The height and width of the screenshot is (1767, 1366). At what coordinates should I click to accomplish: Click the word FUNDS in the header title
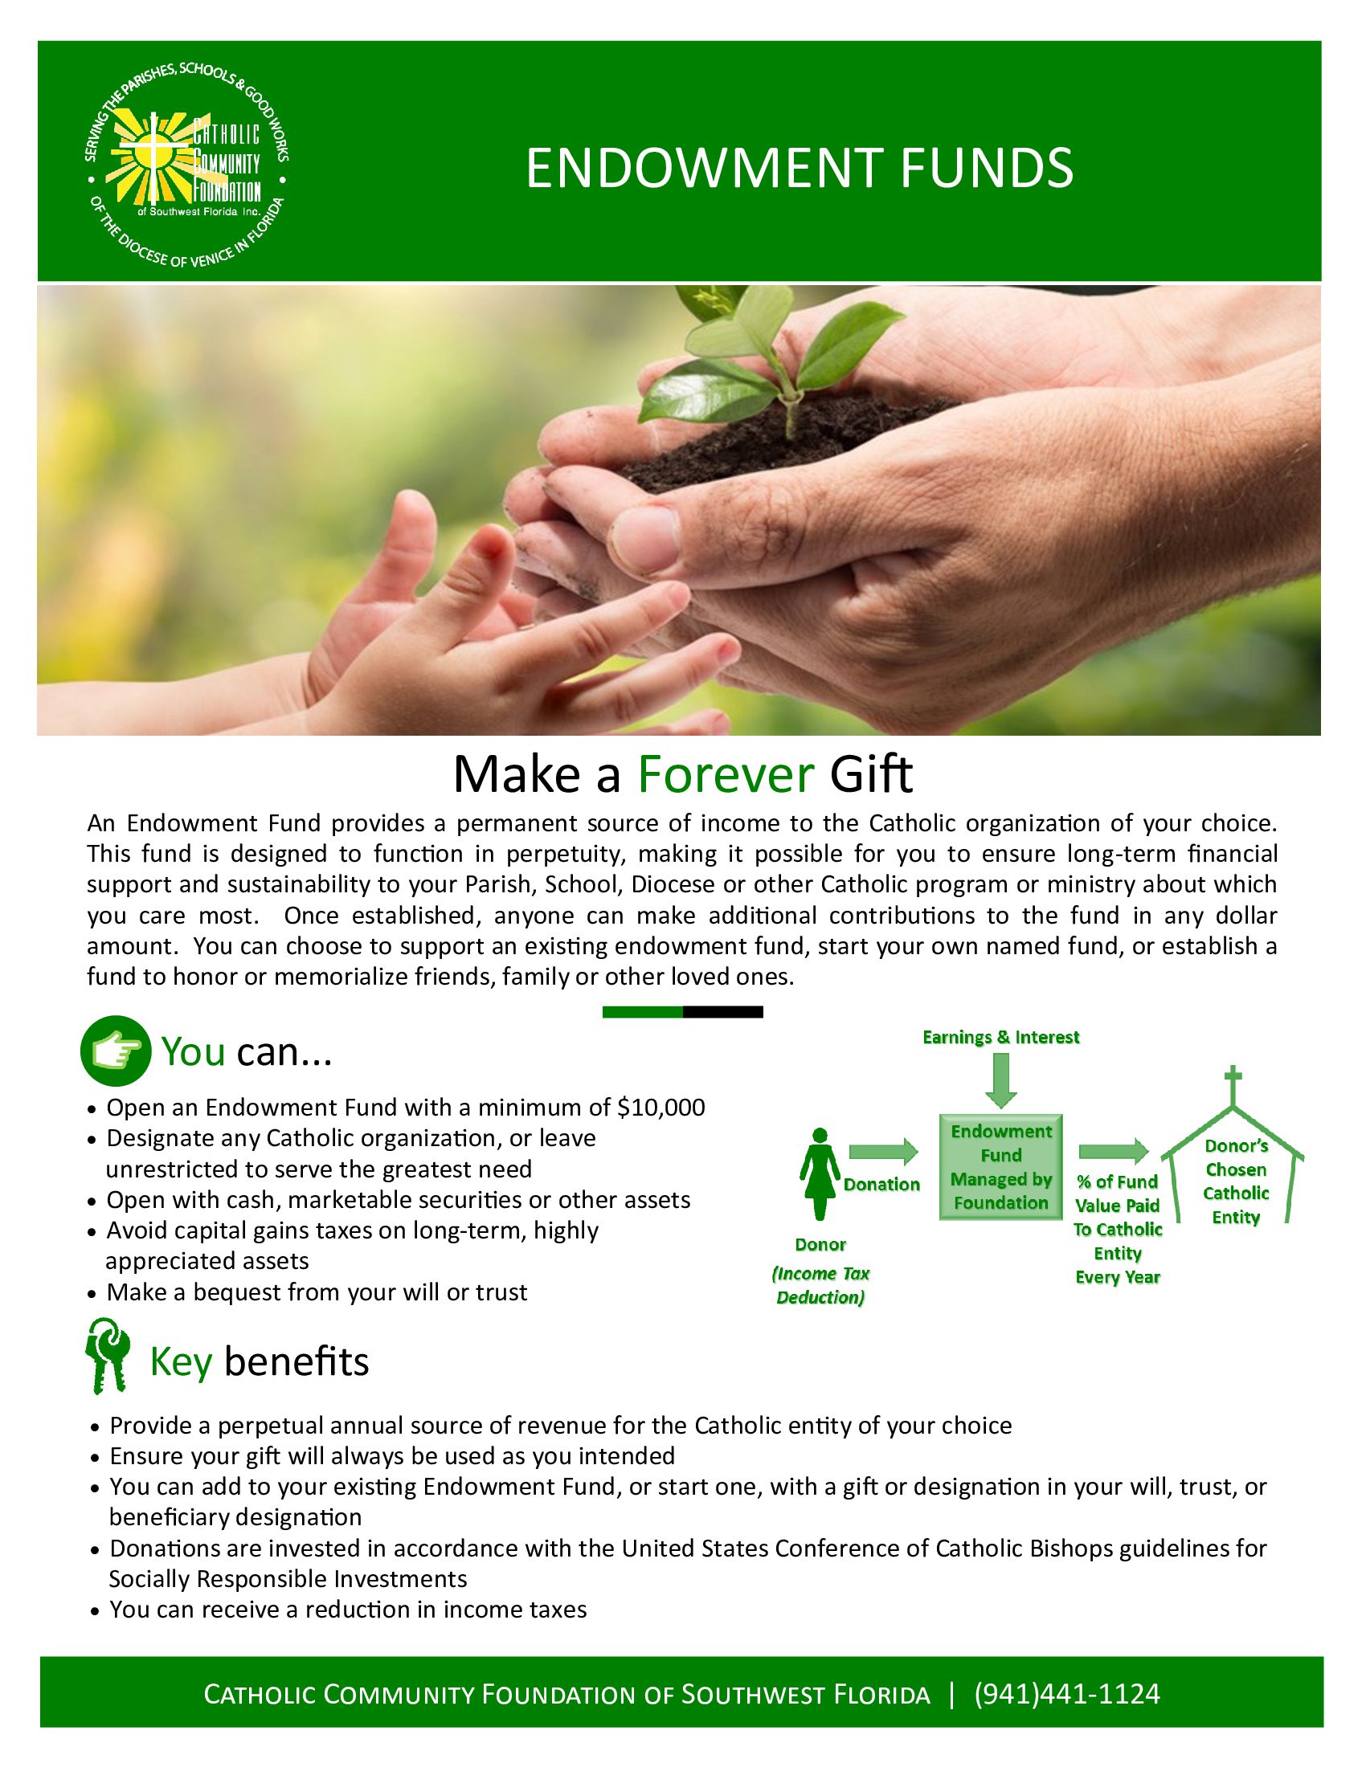tap(986, 169)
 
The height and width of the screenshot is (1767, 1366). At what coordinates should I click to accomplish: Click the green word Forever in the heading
tap(725, 774)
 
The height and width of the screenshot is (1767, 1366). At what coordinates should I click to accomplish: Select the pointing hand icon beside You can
tap(116, 1051)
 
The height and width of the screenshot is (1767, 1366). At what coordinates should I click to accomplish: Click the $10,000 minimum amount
tap(661, 1107)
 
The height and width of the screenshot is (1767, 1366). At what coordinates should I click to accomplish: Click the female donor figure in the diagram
tap(820, 1174)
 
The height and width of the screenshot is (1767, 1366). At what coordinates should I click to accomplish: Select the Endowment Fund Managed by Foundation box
tap(1001, 1167)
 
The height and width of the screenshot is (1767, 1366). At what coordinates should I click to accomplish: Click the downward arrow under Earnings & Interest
tap(1001, 1081)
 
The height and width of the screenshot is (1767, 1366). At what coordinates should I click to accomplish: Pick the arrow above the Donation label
tap(884, 1151)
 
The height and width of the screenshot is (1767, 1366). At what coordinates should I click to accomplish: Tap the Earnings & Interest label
tap(1001, 1037)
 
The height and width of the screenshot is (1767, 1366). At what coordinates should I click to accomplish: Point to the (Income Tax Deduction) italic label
tap(820, 1285)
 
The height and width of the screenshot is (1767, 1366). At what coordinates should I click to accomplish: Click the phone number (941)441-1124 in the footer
tap(1067, 1693)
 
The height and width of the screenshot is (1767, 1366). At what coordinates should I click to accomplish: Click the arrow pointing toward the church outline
tap(1114, 1151)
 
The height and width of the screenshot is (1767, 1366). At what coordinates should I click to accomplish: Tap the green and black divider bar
tap(683, 1011)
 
